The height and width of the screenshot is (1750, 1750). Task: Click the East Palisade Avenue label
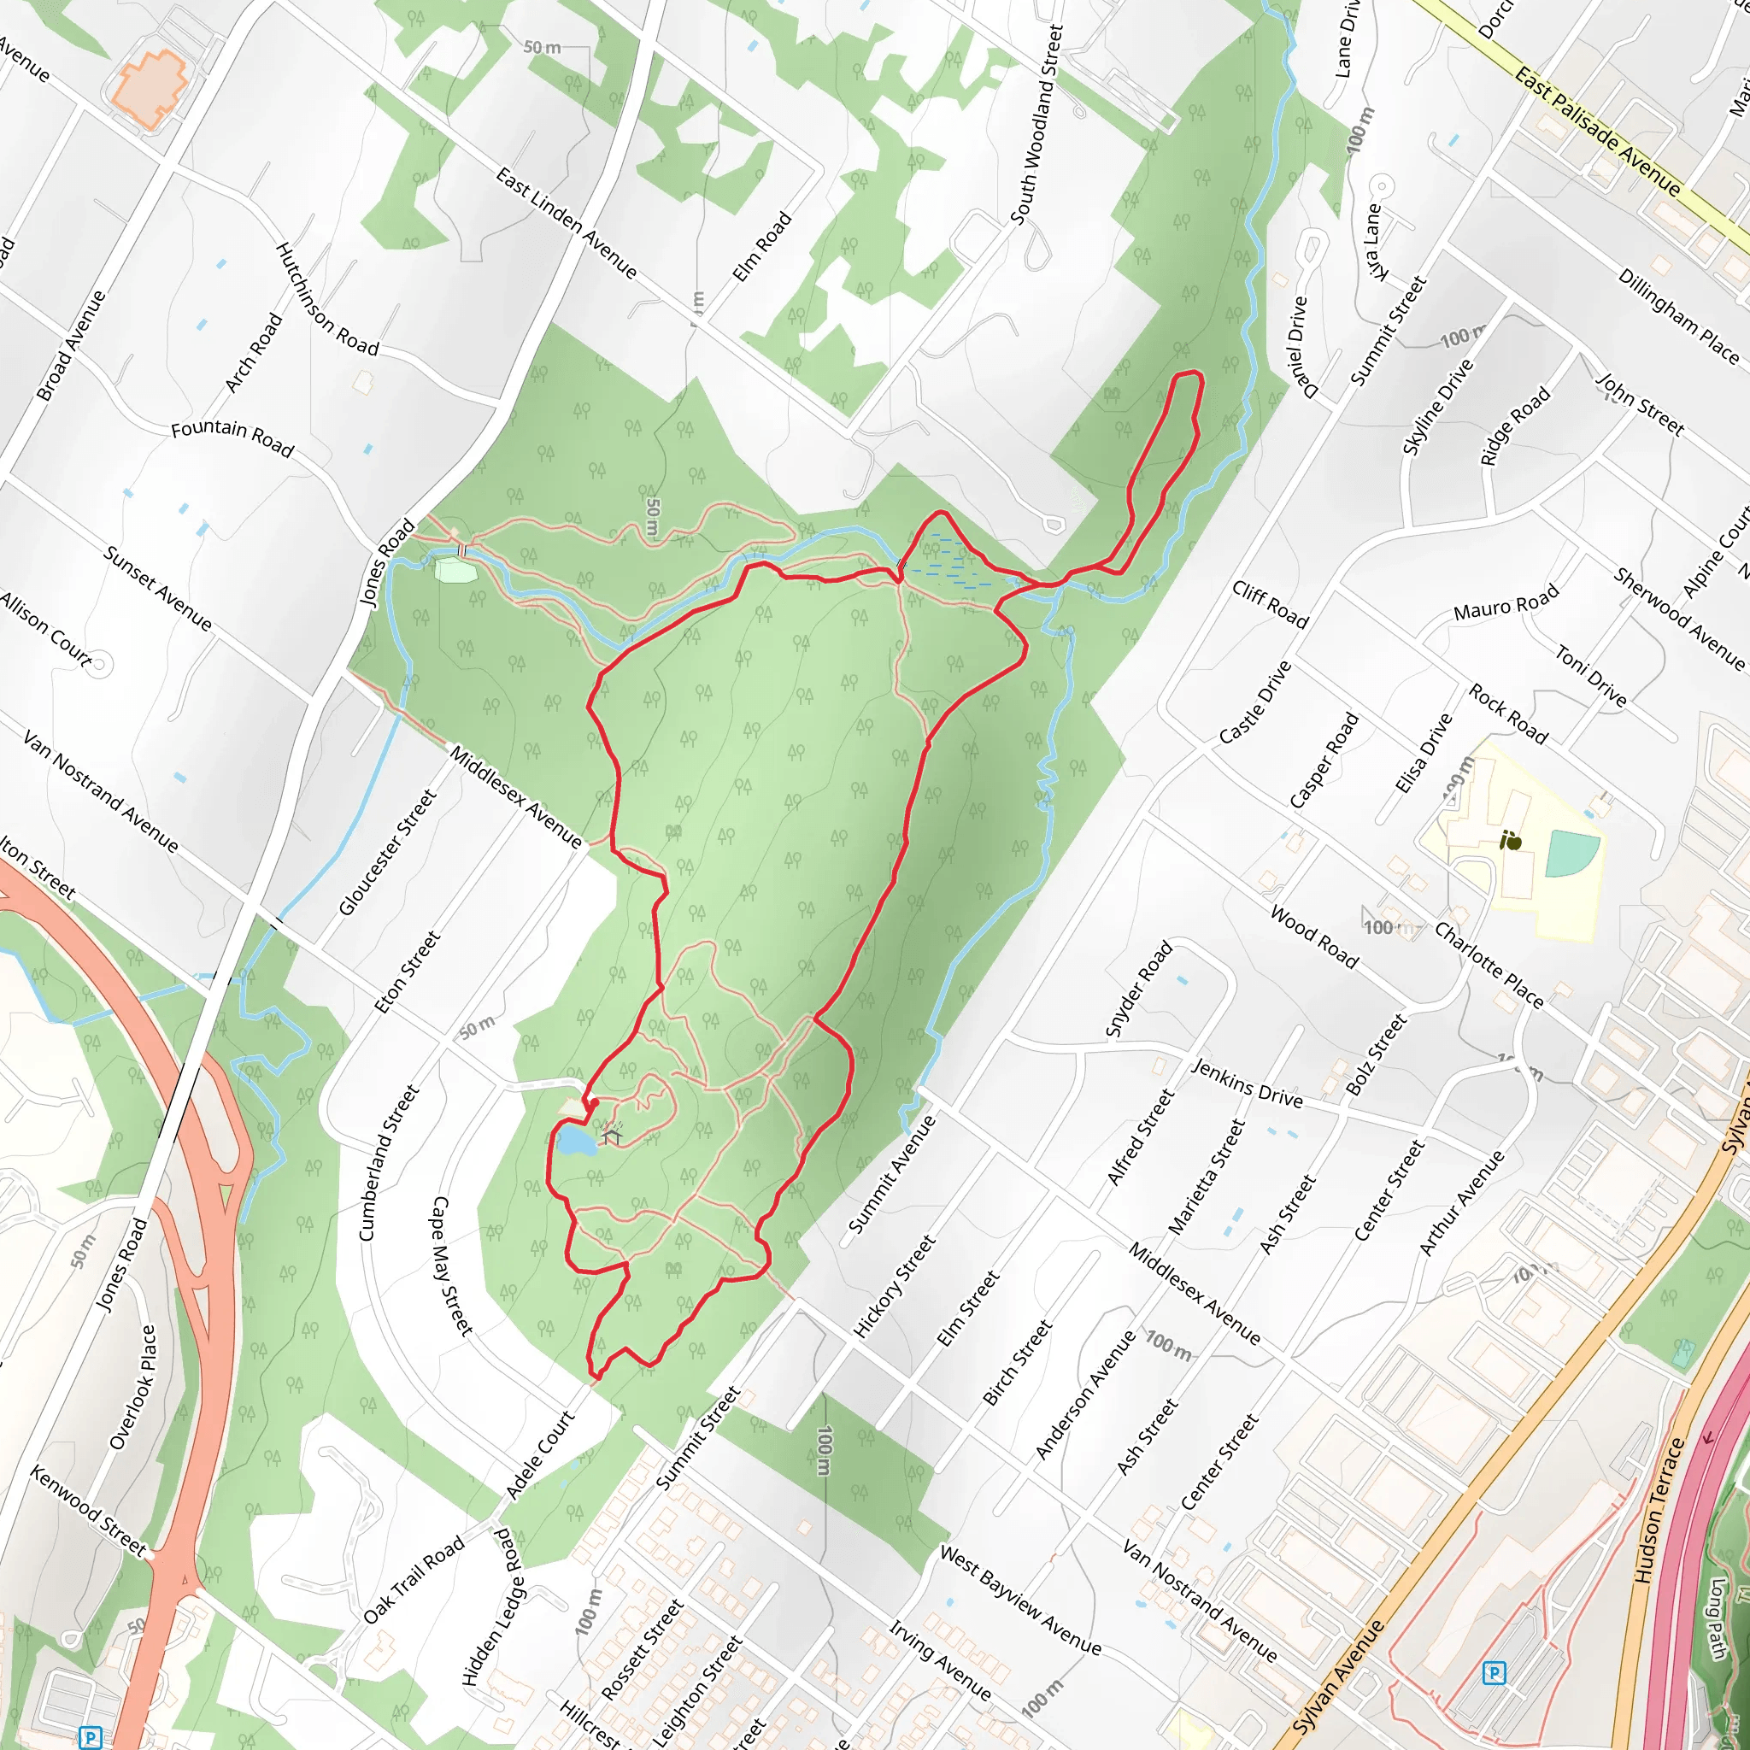[x=1599, y=132]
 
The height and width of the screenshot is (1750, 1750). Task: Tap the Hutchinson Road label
[x=326, y=299]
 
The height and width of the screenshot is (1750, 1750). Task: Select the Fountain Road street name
[x=232, y=438]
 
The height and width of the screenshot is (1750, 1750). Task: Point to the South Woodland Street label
[x=1036, y=125]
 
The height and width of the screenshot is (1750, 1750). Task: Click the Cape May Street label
[x=452, y=1266]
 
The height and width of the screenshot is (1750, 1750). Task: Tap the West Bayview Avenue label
[x=1020, y=1600]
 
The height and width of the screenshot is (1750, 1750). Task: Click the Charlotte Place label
[x=1489, y=965]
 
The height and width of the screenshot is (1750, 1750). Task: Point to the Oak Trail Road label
[x=414, y=1580]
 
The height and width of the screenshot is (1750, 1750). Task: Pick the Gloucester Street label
[x=388, y=852]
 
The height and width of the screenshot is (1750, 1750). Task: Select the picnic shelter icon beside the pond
[x=613, y=1135]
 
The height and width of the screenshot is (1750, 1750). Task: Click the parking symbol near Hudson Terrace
[x=1495, y=1673]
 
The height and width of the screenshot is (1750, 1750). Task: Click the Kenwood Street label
[x=88, y=1510]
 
